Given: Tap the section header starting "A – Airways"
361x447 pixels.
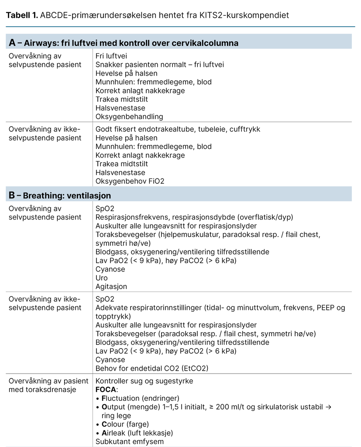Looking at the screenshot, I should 124,43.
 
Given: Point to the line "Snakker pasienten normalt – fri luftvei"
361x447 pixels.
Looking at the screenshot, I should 159,65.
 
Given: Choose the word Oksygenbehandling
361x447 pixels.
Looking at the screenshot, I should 129,117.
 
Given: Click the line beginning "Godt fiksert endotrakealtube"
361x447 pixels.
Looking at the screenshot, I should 178,129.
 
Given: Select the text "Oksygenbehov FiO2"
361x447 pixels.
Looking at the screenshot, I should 130,181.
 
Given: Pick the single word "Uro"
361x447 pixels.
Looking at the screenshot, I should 101,278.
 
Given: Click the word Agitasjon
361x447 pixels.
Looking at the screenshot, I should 111,286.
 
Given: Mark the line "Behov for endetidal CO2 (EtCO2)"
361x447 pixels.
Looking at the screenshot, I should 151,368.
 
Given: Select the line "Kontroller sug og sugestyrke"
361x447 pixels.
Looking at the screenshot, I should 144,381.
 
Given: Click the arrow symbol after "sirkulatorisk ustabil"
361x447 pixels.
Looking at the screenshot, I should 329,407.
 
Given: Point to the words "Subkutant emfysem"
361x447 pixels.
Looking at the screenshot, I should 129,441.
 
